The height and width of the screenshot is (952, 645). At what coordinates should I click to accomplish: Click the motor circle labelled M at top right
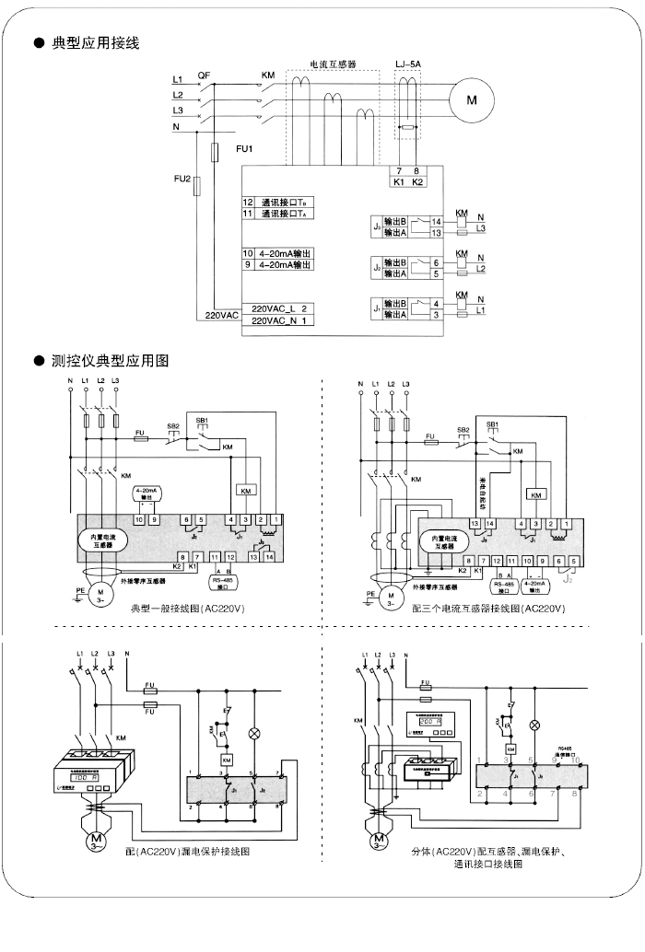[x=472, y=98]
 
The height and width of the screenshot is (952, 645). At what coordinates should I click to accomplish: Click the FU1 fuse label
[x=244, y=149]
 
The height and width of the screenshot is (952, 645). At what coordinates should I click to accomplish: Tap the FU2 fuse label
[x=182, y=179]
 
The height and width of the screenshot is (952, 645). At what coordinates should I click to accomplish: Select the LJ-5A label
[x=407, y=64]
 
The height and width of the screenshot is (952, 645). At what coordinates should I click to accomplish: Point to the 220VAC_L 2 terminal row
[x=278, y=308]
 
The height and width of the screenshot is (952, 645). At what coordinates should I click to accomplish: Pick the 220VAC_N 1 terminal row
[x=278, y=320]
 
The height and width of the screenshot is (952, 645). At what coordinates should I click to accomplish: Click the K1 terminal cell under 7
[x=398, y=182]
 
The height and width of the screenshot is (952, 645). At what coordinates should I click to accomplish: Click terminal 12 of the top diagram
[x=248, y=202]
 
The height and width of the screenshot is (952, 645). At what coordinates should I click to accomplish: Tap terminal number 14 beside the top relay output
[x=437, y=223]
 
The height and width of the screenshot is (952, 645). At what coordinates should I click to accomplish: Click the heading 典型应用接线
[x=96, y=42]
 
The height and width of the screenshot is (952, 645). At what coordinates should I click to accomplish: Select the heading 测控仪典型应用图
[x=110, y=360]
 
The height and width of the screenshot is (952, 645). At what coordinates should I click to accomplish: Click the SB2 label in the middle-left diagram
[x=172, y=426]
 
